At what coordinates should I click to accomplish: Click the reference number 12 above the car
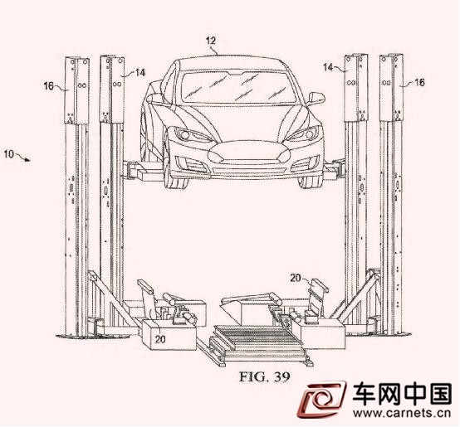coord(211,41)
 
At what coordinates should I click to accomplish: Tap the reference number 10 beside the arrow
coord(9,153)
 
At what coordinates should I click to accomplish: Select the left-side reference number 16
coord(49,86)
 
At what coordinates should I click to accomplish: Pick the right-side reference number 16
coord(419,82)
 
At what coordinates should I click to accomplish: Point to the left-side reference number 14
coord(140,72)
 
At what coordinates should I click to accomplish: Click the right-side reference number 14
coord(329,67)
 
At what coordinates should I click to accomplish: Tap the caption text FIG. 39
coord(265,376)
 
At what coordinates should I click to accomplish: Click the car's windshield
coord(238,87)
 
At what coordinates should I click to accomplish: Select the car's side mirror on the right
coord(316,99)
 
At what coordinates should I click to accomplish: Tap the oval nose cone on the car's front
coord(249,153)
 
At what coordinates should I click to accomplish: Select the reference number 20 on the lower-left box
coord(160,339)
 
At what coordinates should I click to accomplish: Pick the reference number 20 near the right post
coord(296,278)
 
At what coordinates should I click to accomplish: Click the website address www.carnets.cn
coord(402,413)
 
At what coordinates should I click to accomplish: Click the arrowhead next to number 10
coord(27,160)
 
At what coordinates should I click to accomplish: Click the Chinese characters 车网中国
coord(402,394)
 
